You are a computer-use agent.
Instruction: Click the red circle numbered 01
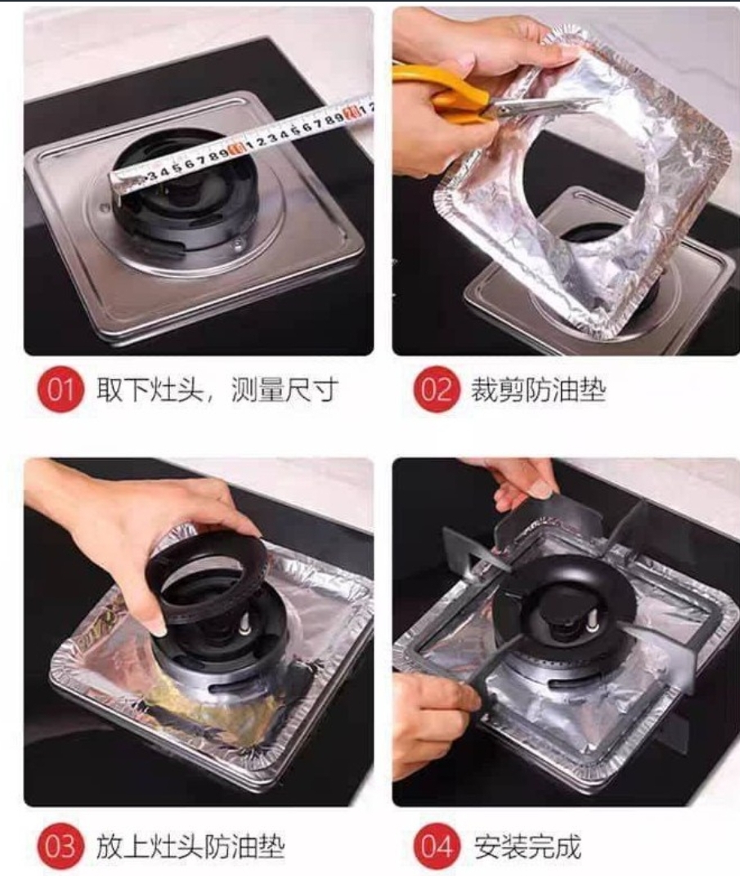pyautogui.click(x=61, y=389)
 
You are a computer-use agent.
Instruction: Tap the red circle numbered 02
pyautogui.click(x=437, y=389)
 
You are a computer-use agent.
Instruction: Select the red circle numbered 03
pyautogui.click(x=61, y=846)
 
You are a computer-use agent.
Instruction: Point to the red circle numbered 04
pyautogui.click(x=437, y=846)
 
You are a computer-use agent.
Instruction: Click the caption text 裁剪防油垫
pyautogui.click(x=538, y=390)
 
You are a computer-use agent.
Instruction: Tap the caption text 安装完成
pyautogui.click(x=527, y=847)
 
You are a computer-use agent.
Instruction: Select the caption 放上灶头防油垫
pyautogui.click(x=190, y=847)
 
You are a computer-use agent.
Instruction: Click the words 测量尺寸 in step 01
pyautogui.click(x=284, y=390)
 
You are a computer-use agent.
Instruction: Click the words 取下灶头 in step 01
pyautogui.click(x=150, y=390)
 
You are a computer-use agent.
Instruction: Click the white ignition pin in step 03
pyautogui.click(x=244, y=626)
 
